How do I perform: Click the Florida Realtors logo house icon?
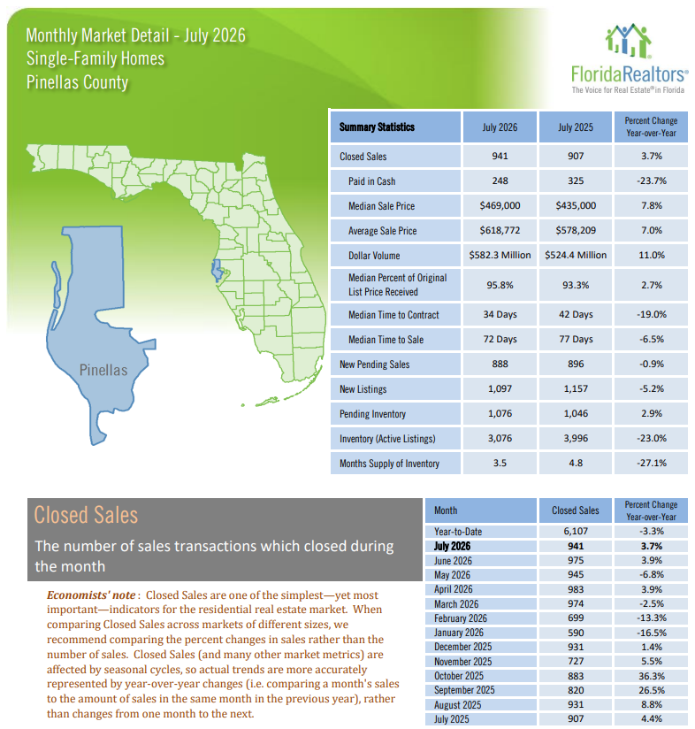[628, 40]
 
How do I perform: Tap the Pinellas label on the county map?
[103, 370]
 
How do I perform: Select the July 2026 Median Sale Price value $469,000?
[500, 205]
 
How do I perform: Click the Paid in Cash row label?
[371, 181]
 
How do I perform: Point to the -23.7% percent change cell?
[652, 180]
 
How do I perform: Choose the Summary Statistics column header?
[377, 127]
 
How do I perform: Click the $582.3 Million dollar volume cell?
[500, 256]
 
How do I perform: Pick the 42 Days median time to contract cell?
[576, 315]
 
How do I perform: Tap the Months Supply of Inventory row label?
[389, 464]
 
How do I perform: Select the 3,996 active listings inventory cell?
[576, 439]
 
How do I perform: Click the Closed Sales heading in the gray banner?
[86, 515]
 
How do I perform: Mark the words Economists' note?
[91, 595]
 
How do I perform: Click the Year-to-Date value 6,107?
[576, 531]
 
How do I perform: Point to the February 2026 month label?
[461, 618]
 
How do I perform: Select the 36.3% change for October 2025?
[652, 676]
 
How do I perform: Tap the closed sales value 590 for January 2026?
[576, 633]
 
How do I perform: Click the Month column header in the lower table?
[446, 510]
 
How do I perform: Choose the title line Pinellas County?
[77, 82]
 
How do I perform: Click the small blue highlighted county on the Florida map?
[217, 271]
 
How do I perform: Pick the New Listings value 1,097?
[500, 388]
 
